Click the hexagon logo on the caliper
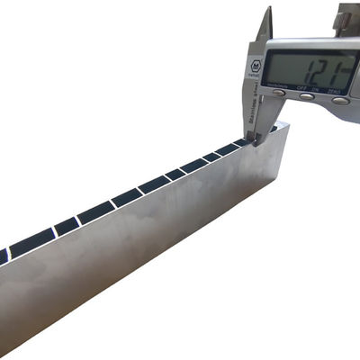coord(256,65)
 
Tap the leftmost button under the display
coord(280,92)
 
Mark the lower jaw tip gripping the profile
coord(255,139)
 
